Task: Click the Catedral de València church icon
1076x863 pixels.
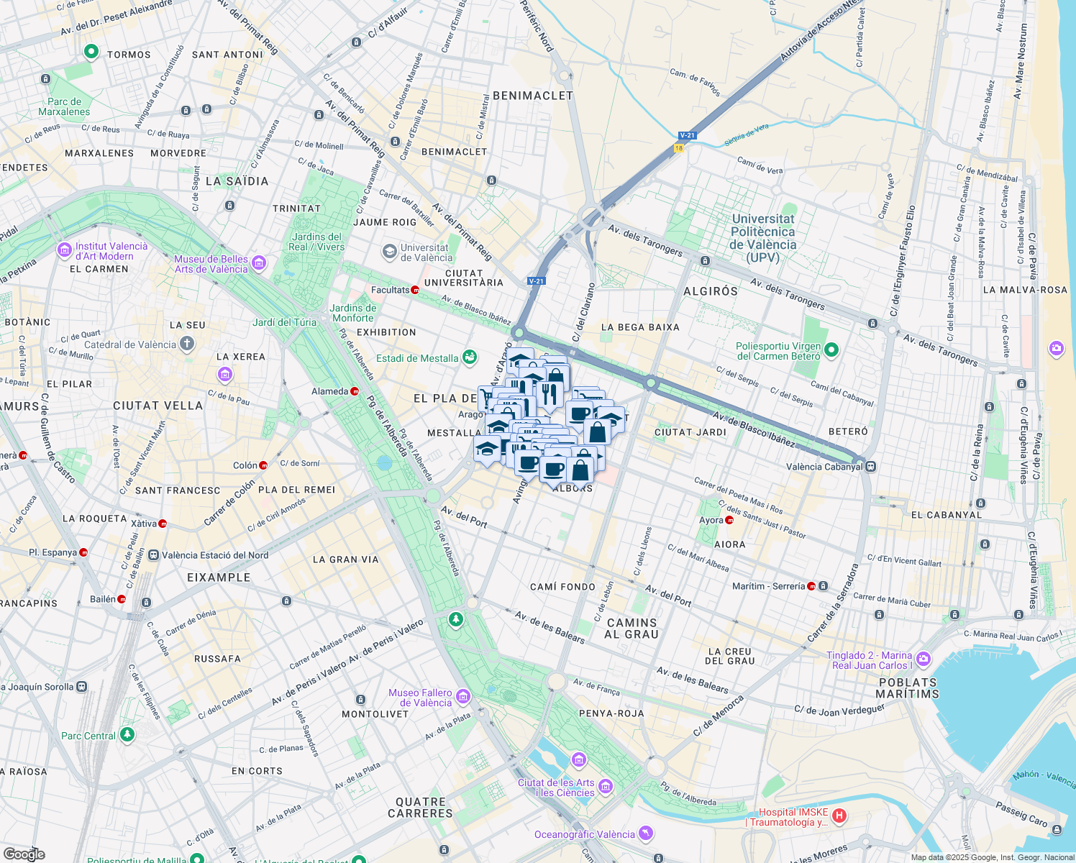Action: pos(187,344)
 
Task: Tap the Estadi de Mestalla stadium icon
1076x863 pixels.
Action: pos(470,357)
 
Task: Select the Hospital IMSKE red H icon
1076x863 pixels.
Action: pos(839,816)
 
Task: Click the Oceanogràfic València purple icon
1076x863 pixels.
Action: pos(646,834)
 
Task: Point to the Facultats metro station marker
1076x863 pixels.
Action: pos(415,290)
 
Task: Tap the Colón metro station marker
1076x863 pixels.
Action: pos(263,465)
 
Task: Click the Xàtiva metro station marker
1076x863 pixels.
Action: pos(163,524)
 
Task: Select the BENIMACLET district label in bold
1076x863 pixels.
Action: pos(532,96)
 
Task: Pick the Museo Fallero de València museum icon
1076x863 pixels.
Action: pos(463,696)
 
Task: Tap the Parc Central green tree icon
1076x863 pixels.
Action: pos(127,734)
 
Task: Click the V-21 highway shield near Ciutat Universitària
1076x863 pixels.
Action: pos(536,281)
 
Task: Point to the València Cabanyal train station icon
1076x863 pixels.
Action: pos(870,466)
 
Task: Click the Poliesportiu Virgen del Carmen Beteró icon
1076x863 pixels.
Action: pos(831,350)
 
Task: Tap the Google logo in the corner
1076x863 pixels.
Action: pos(24,854)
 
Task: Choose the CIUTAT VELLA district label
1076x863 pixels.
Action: pos(158,406)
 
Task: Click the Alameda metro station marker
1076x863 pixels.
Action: pos(355,391)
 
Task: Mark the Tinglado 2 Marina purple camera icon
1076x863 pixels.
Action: pos(924,659)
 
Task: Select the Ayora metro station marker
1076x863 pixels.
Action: pos(729,520)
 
